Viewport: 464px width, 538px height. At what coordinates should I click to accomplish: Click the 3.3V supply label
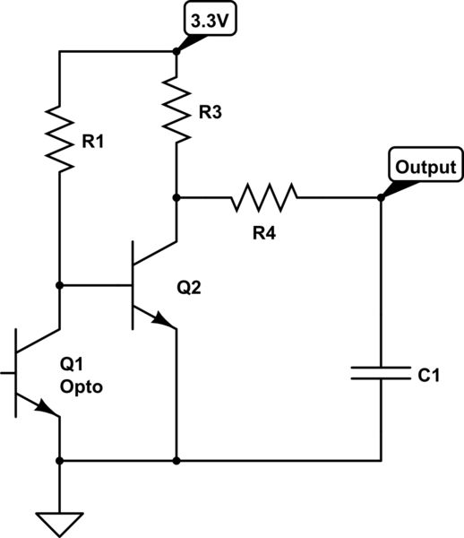point(209,19)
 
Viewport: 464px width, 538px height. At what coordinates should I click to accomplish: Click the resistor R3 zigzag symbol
point(177,108)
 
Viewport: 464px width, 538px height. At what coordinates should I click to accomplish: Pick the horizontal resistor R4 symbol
point(264,197)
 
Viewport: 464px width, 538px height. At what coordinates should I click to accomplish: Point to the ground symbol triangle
point(59,519)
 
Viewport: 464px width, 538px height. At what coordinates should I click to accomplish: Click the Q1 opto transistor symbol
point(31,372)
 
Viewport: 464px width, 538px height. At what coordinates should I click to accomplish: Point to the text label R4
point(264,233)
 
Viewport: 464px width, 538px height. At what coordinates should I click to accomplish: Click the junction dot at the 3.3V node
point(177,51)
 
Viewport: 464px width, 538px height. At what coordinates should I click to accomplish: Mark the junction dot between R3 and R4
point(177,197)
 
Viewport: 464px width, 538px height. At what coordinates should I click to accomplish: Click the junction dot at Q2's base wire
point(59,285)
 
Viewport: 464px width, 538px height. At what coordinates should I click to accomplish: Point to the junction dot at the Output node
point(381,197)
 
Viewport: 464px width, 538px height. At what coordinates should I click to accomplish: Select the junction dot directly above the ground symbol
point(59,461)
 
